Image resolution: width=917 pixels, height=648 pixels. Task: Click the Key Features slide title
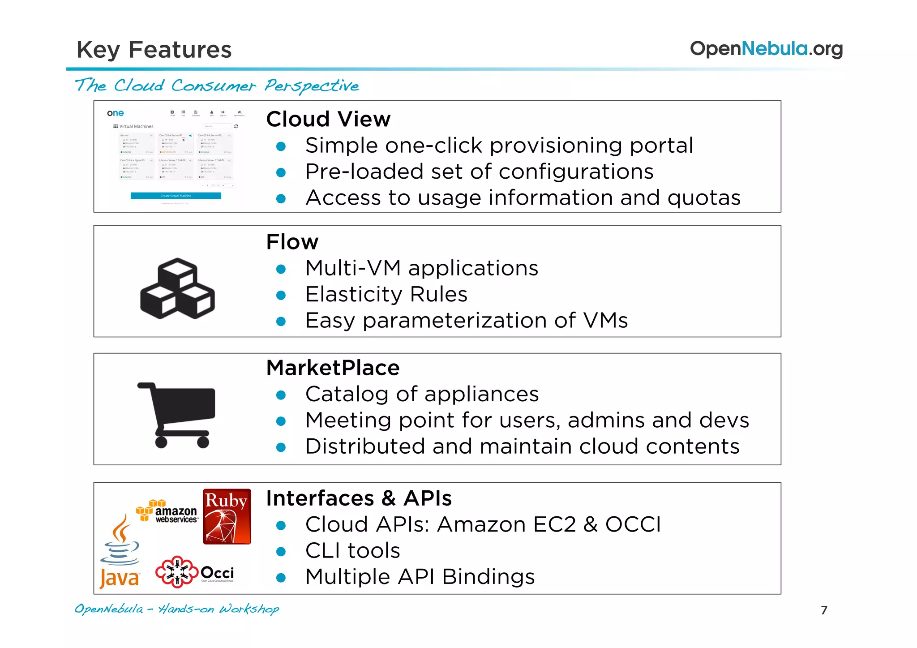[154, 49]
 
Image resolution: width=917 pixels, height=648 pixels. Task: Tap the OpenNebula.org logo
[766, 48]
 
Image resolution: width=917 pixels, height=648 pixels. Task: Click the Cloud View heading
[328, 119]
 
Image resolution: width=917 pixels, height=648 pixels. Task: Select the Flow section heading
[292, 242]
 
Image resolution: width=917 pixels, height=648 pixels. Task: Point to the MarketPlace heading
[333, 368]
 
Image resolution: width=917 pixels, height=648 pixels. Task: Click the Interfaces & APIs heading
[359, 498]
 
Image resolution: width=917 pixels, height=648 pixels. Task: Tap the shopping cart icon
[177, 415]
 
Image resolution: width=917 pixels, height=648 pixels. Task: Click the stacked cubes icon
[177, 289]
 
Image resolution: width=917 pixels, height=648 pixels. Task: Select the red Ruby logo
[227, 516]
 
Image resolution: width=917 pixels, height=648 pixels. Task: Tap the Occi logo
[195, 572]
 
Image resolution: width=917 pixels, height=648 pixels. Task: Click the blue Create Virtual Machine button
[176, 196]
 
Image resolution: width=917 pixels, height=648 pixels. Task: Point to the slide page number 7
[824, 610]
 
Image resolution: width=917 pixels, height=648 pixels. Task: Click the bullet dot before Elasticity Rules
[281, 295]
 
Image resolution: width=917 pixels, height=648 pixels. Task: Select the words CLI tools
[352, 550]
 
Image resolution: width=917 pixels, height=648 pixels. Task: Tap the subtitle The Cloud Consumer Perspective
[217, 85]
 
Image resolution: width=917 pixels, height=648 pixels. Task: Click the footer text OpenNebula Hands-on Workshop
[176, 609]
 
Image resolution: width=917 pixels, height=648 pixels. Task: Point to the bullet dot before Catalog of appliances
[281, 395]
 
